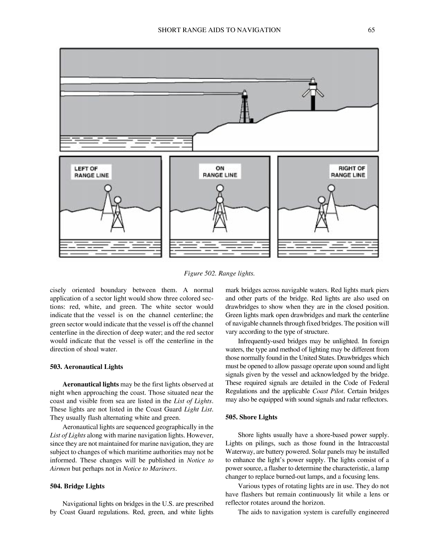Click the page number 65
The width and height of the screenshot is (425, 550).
click(371, 30)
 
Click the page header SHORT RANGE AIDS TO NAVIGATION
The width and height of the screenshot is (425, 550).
click(219, 30)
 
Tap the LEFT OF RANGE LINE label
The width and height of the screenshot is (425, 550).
click(91, 172)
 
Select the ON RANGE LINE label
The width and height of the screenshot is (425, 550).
click(220, 171)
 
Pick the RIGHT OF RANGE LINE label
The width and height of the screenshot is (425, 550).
click(347, 171)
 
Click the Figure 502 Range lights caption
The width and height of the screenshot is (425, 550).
click(219, 274)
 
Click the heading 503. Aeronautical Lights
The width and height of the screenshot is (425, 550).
click(86, 367)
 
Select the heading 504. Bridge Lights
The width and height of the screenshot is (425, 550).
click(77, 486)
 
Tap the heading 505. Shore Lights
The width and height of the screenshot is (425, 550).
click(251, 417)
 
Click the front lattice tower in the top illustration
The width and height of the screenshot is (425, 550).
click(245, 109)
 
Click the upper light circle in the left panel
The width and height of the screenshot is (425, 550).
click(107, 188)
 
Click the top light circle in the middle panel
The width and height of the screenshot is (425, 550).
click(220, 188)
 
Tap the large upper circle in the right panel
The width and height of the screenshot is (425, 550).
click(332, 188)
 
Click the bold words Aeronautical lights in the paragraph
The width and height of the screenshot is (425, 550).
click(90, 384)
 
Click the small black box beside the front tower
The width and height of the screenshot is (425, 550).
click(252, 120)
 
